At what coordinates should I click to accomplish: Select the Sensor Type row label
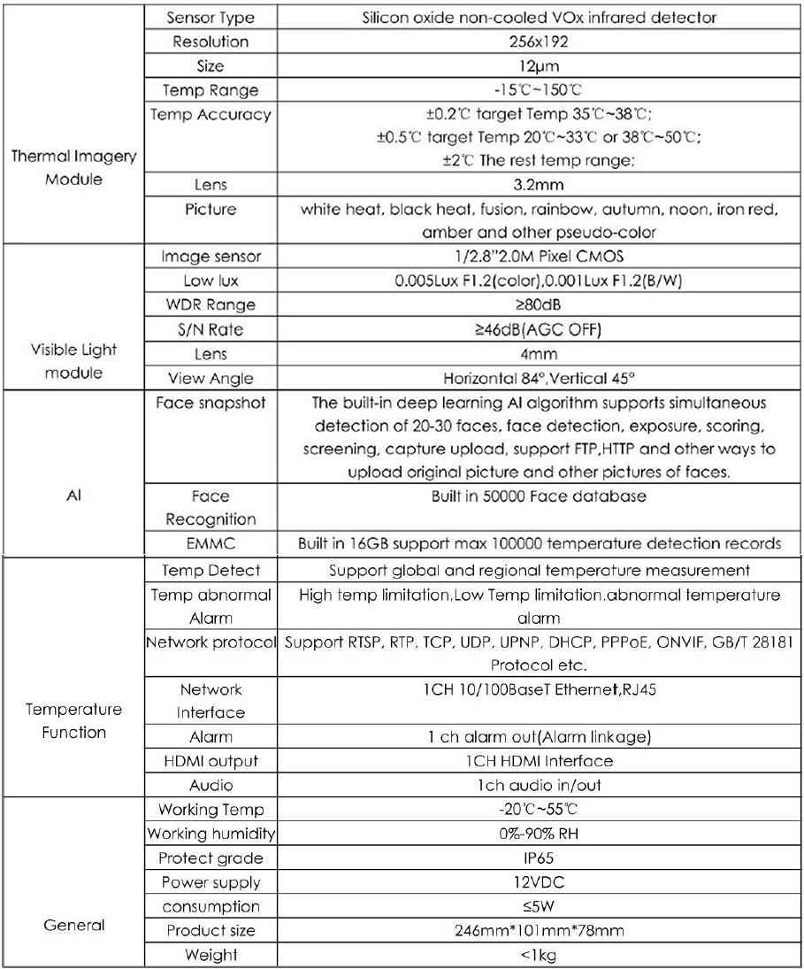211,18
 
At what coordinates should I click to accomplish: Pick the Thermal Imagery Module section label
73,165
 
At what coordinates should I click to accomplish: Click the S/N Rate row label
211,329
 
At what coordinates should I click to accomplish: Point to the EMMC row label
211,542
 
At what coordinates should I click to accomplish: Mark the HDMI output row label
211,760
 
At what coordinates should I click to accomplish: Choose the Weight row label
211,954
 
